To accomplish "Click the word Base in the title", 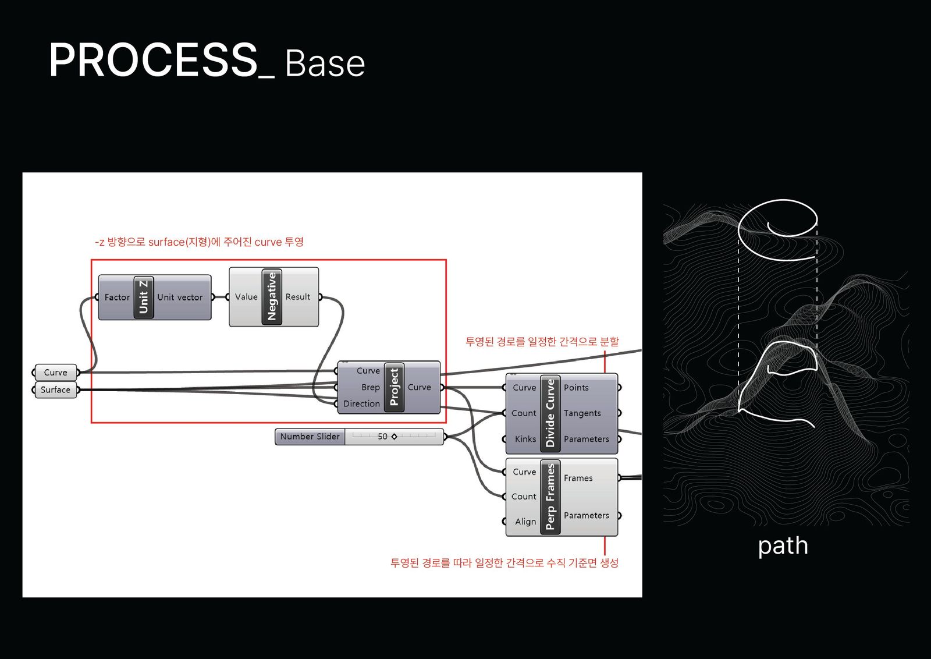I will (x=325, y=63).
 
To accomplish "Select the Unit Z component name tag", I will (x=143, y=297).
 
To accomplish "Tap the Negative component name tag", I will (x=272, y=296).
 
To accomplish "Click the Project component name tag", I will (x=394, y=387).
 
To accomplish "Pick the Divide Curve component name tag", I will (x=550, y=413).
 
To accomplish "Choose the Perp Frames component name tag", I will (x=550, y=497).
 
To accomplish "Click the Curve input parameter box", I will (x=56, y=373).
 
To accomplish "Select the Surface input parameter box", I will (x=55, y=390).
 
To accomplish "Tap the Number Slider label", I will (x=310, y=437).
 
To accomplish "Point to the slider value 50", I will (x=382, y=437).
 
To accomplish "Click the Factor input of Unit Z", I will (x=117, y=297).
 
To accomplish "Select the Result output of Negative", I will (x=298, y=297).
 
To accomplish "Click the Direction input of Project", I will (x=361, y=404).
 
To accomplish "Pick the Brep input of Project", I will (x=370, y=388).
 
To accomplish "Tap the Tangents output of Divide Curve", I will (x=582, y=413).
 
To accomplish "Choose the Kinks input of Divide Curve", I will (x=525, y=440).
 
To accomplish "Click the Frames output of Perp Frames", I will (x=578, y=479).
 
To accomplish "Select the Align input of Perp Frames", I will (x=525, y=522).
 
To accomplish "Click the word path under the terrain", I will (x=783, y=547).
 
